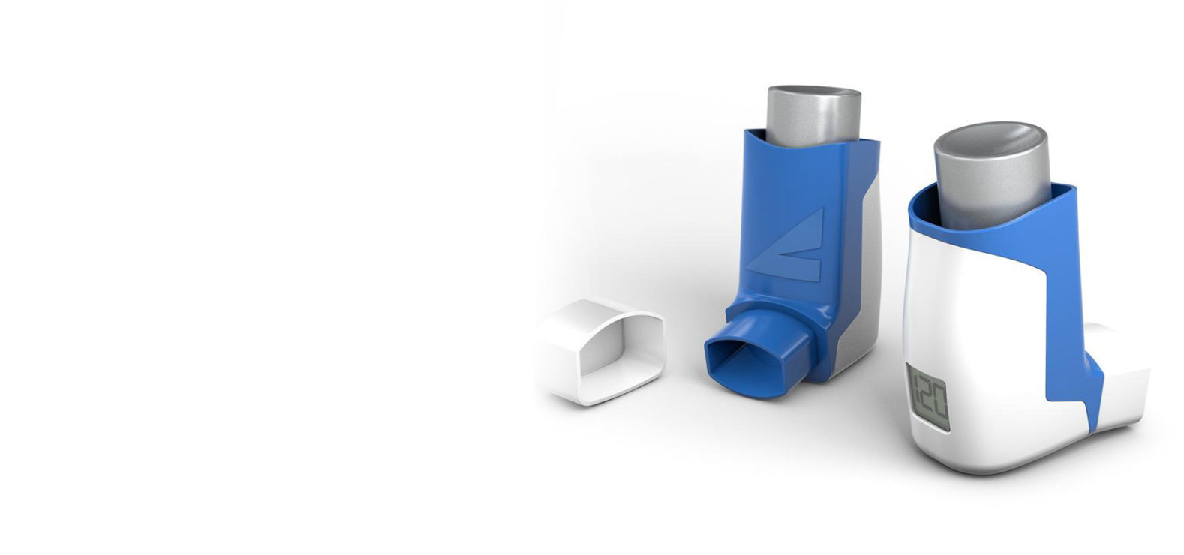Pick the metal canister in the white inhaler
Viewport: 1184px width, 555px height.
point(988,176)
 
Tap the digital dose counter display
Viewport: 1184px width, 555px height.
point(928,397)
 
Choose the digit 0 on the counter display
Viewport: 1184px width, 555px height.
point(940,398)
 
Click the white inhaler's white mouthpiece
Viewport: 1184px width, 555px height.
point(1125,375)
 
